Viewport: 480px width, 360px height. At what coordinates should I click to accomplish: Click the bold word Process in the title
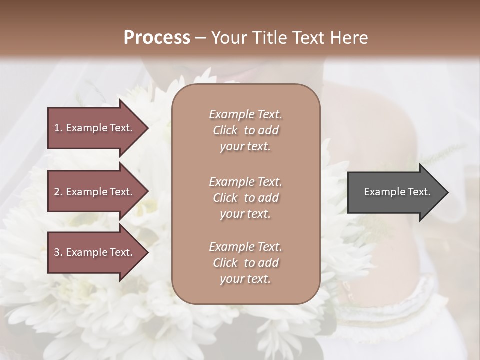coord(157,38)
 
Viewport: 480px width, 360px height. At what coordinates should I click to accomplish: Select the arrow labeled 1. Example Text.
coord(95,128)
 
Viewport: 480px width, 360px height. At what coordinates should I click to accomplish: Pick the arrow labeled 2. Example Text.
coord(95,192)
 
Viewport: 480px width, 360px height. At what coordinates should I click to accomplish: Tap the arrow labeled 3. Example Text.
coord(95,252)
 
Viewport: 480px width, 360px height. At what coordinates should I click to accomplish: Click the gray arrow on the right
coord(395,192)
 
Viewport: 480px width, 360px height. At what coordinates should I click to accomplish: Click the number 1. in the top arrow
coord(58,128)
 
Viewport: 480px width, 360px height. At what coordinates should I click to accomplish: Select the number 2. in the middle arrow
coord(58,192)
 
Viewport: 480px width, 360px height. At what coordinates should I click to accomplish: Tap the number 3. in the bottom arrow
coord(58,252)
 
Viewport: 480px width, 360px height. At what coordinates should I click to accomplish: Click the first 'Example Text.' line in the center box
coord(245,114)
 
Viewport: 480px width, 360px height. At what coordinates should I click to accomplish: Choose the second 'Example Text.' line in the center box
coord(245,182)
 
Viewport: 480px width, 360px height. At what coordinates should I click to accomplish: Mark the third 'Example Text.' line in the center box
coord(245,247)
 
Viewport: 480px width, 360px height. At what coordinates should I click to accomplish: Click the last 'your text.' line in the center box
coord(245,279)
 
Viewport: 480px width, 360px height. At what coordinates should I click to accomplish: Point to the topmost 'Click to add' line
coord(245,130)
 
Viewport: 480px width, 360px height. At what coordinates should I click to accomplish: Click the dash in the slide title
coord(200,38)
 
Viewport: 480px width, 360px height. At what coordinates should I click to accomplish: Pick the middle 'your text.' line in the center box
coord(245,214)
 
